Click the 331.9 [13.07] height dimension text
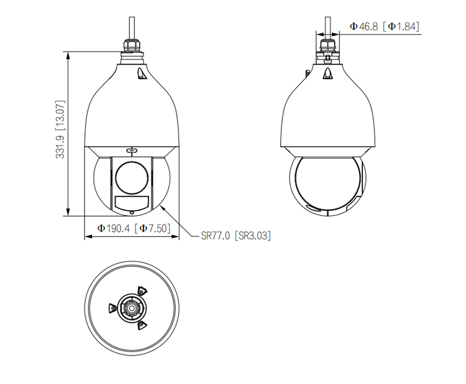coord(60,130)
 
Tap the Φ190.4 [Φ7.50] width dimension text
coord(134,228)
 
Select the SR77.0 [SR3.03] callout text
coord(236,236)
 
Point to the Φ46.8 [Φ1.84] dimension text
coord(385,27)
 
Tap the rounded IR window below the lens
coord(132,203)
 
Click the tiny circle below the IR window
coord(132,213)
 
